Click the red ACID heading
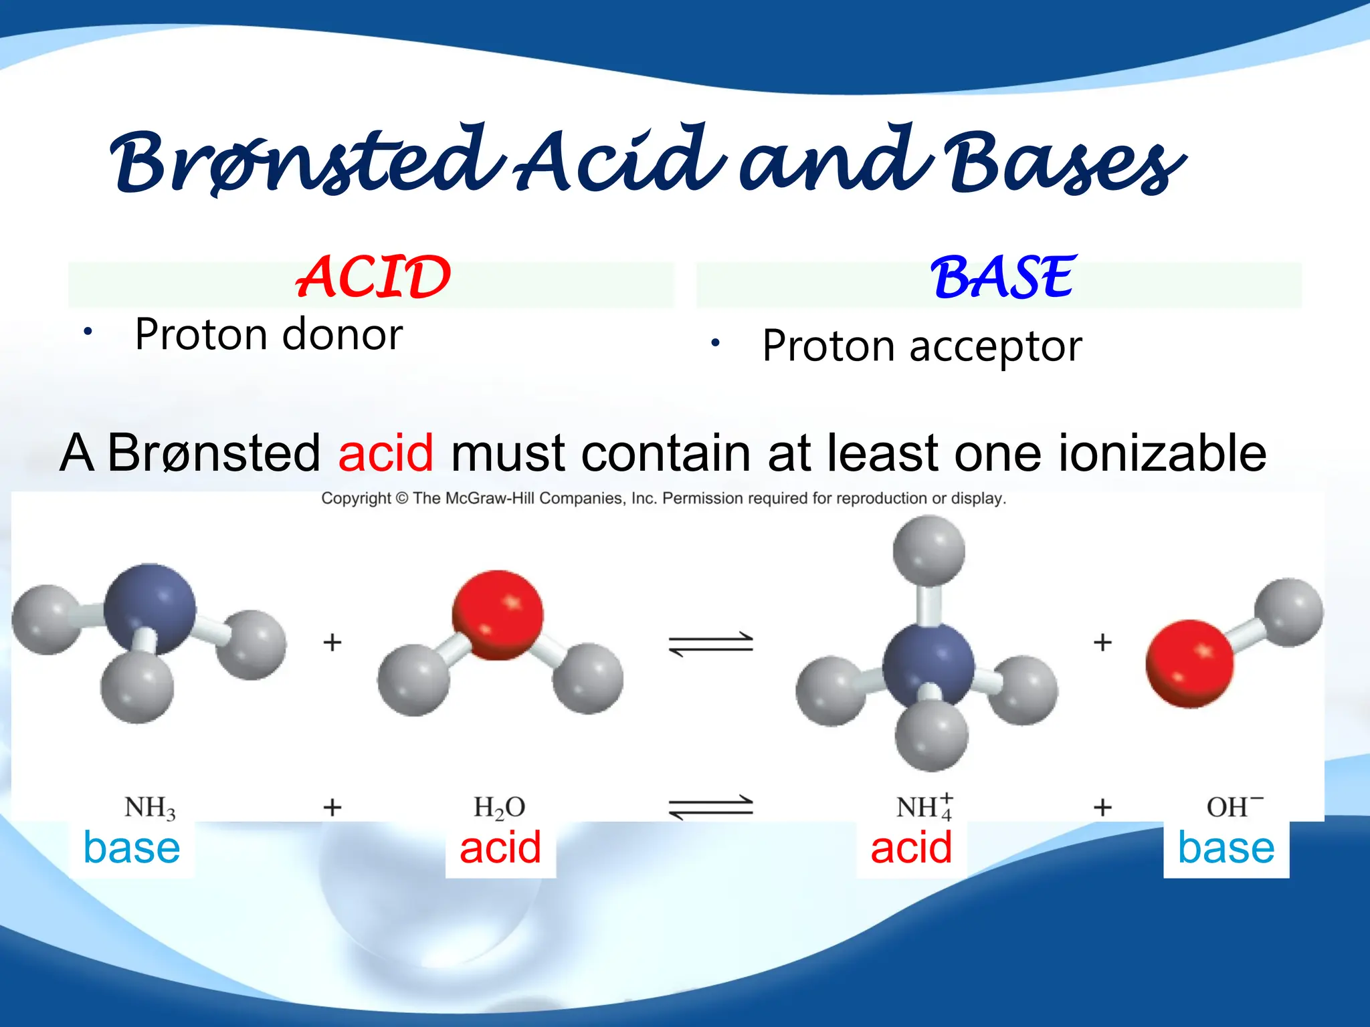[x=373, y=277]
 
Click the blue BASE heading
[x=1003, y=277]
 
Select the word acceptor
[x=995, y=346]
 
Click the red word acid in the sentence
[x=386, y=453]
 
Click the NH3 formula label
[x=150, y=808]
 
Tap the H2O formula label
[x=499, y=808]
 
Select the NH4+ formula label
[x=924, y=807]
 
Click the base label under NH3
[x=132, y=848]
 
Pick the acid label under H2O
[x=500, y=848]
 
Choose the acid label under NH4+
[x=911, y=848]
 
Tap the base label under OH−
[x=1226, y=848]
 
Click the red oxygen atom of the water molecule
[x=498, y=614]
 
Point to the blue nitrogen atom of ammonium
[x=928, y=665]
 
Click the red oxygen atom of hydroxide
[x=1189, y=663]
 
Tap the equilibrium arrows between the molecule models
[x=711, y=644]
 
